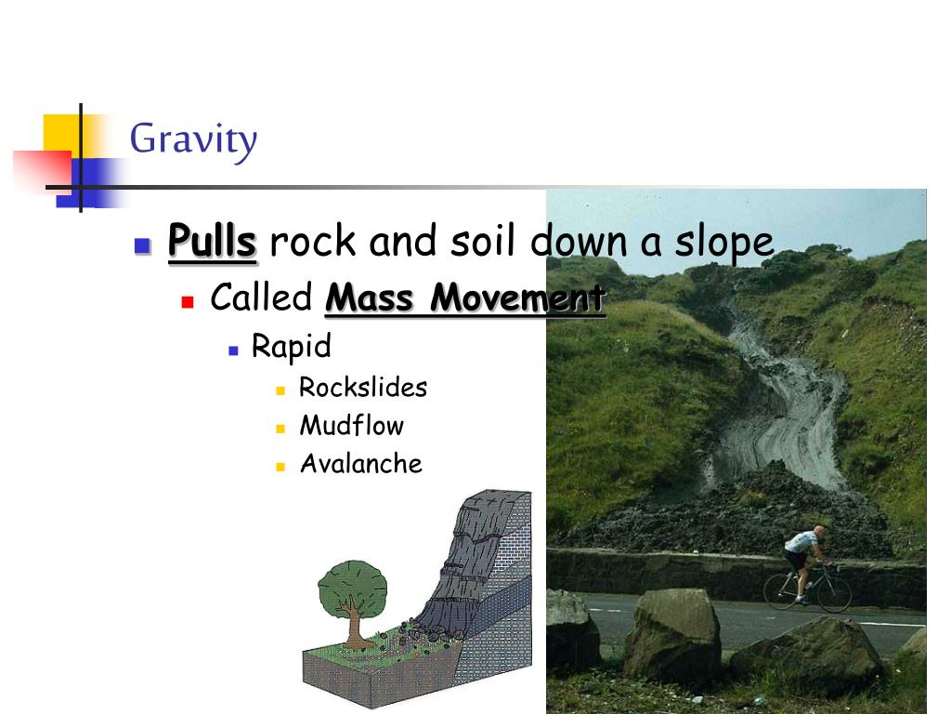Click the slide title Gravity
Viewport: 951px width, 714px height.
pyautogui.click(x=193, y=140)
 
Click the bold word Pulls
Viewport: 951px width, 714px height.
pyautogui.click(x=212, y=243)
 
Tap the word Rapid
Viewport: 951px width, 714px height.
pyautogui.click(x=291, y=347)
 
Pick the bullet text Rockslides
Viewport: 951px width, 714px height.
pyautogui.click(x=363, y=388)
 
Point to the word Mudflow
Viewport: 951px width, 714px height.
pyautogui.click(x=351, y=426)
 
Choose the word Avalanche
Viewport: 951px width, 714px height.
pyautogui.click(x=360, y=464)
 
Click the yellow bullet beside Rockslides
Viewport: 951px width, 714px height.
pyautogui.click(x=279, y=390)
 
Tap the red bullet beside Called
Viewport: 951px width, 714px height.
pyautogui.click(x=187, y=302)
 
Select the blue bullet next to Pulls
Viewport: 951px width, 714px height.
pyautogui.click(x=142, y=246)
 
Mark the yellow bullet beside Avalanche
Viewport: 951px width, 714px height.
pyautogui.click(x=279, y=467)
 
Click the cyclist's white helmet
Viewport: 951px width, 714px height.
pyautogui.click(x=818, y=531)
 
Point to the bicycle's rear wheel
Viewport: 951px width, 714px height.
pyautogui.click(x=781, y=590)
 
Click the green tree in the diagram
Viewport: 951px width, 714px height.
pyautogui.click(x=352, y=587)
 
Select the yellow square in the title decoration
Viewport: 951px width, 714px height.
pyautogui.click(x=59, y=132)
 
